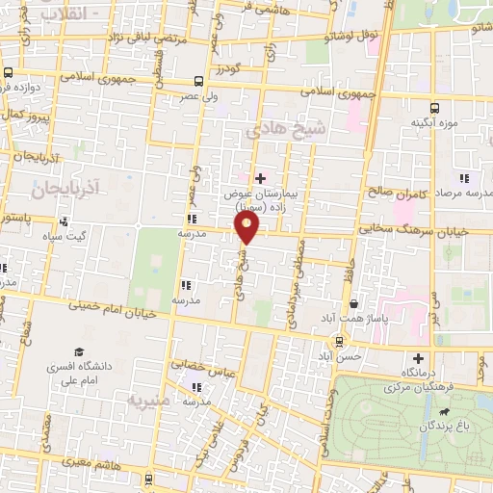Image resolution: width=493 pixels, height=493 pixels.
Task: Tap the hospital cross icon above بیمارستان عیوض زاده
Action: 259,177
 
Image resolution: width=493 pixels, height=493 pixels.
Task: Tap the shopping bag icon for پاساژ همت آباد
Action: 353,301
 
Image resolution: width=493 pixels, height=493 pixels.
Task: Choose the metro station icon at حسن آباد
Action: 338,341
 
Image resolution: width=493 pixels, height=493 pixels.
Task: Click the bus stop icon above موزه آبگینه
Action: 434,108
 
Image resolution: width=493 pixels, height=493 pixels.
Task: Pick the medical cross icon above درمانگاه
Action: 418,357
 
